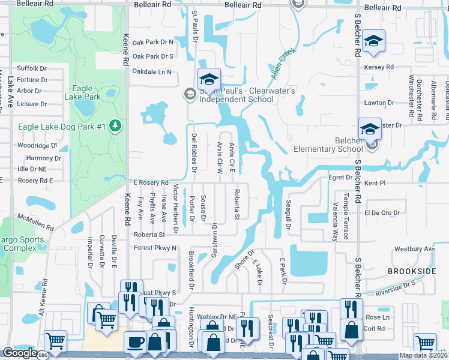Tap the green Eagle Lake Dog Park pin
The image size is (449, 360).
115,126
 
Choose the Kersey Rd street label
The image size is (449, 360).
378,67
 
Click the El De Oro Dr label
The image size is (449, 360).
382,212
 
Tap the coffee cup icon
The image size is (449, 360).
135,343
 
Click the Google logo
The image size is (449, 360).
20,353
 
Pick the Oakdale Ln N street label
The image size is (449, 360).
152,72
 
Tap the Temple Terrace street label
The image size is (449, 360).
345,209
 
